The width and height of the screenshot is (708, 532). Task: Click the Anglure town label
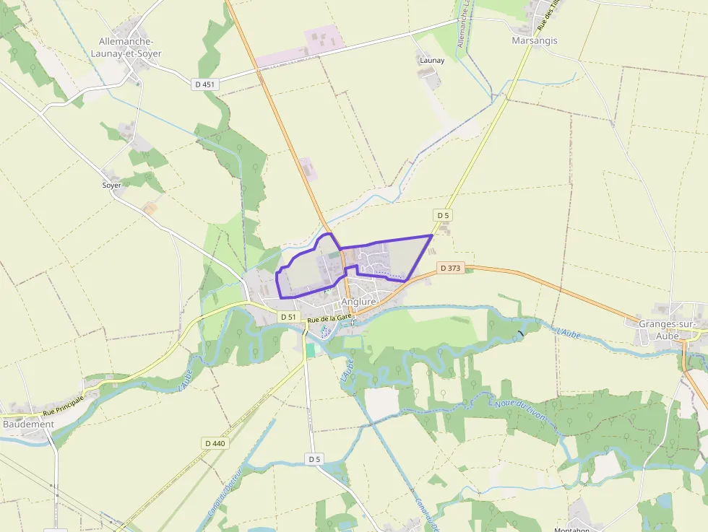pyautogui.click(x=358, y=302)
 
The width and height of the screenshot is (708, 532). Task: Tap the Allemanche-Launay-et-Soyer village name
pyautogui.click(x=130, y=48)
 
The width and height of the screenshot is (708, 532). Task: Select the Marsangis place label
pyautogui.click(x=535, y=41)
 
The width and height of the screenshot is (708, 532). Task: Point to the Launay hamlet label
pyautogui.click(x=432, y=61)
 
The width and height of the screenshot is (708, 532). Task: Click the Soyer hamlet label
pyautogui.click(x=112, y=186)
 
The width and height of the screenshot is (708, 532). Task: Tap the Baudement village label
pyautogui.click(x=28, y=424)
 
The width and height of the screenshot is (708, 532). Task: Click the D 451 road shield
pyautogui.click(x=205, y=84)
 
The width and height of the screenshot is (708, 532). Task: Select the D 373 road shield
pyautogui.click(x=449, y=269)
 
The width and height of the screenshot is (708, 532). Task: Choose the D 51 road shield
pyautogui.click(x=288, y=317)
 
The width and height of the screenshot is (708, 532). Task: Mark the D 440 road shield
pyautogui.click(x=215, y=443)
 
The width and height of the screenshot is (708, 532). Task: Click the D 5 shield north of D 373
pyautogui.click(x=442, y=215)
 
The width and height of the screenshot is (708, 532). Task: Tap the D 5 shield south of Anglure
pyautogui.click(x=314, y=459)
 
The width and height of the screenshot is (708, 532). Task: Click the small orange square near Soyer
pyautogui.click(x=150, y=209)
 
